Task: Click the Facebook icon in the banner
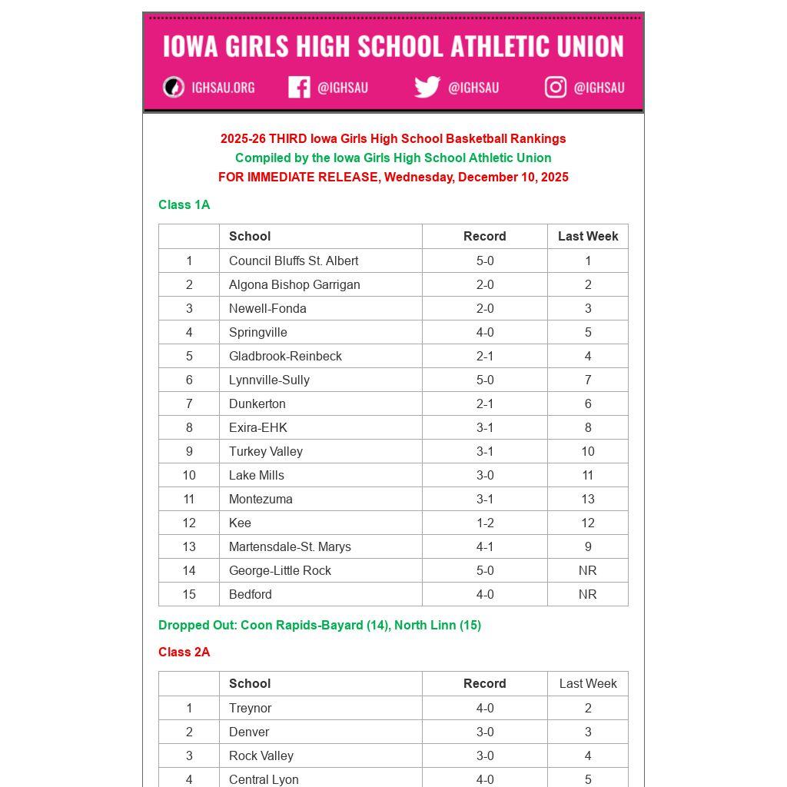point(299,88)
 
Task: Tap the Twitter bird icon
point(427,88)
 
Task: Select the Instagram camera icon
point(556,88)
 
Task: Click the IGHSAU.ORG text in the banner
point(223,88)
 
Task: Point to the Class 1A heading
point(184,204)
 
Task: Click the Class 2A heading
point(184,652)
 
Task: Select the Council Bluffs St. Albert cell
point(294,261)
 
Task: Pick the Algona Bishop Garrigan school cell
point(294,284)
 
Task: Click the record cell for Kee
point(485,523)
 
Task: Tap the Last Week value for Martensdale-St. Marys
point(588,546)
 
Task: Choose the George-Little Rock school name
point(280,570)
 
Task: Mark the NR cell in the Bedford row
point(588,594)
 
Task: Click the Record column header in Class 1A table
point(485,236)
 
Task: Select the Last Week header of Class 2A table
point(588,683)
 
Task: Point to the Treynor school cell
point(251,708)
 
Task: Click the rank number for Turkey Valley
point(189,451)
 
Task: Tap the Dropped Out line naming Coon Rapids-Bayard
point(320,625)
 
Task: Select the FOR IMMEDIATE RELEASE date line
point(393,177)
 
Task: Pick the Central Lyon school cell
point(264,779)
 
